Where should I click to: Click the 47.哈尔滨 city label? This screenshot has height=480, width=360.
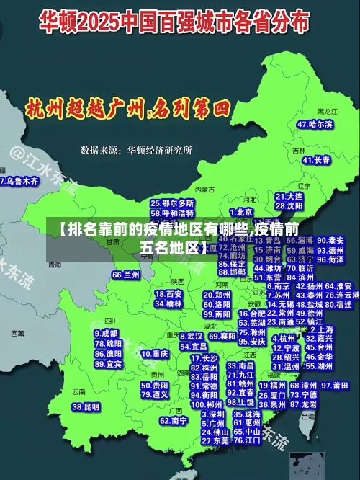coord(315,124)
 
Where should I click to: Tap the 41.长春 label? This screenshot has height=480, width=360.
coord(317,160)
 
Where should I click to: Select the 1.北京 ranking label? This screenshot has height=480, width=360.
coord(241,212)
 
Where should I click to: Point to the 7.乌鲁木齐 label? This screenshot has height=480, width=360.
coord(19,182)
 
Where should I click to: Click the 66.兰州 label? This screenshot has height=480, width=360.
coord(126,275)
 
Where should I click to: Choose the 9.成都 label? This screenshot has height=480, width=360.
coord(106,333)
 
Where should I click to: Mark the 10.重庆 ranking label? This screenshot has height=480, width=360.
coord(155,354)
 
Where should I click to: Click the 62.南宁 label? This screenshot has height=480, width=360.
coord(174,419)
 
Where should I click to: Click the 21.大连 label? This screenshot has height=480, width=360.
coord(289,196)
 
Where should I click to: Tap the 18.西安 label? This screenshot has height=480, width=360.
coord(168,294)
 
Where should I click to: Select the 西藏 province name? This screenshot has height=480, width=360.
coord(17,334)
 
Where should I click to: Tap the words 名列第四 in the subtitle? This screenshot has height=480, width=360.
coord(190,109)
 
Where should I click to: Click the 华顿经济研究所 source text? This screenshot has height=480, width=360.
coord(159,151)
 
